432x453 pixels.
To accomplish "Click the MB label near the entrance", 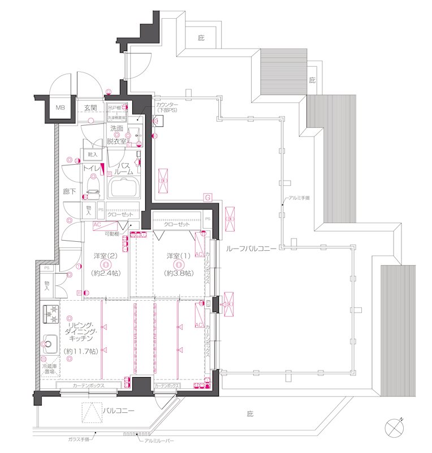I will coord(59,108).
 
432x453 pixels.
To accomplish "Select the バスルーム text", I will coord(124,168).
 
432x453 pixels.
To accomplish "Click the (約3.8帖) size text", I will coord(178,273).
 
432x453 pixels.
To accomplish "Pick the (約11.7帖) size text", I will coord(81,352).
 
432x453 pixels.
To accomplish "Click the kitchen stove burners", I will coord(50,313).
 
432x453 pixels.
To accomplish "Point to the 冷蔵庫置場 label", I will coord(50,370).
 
